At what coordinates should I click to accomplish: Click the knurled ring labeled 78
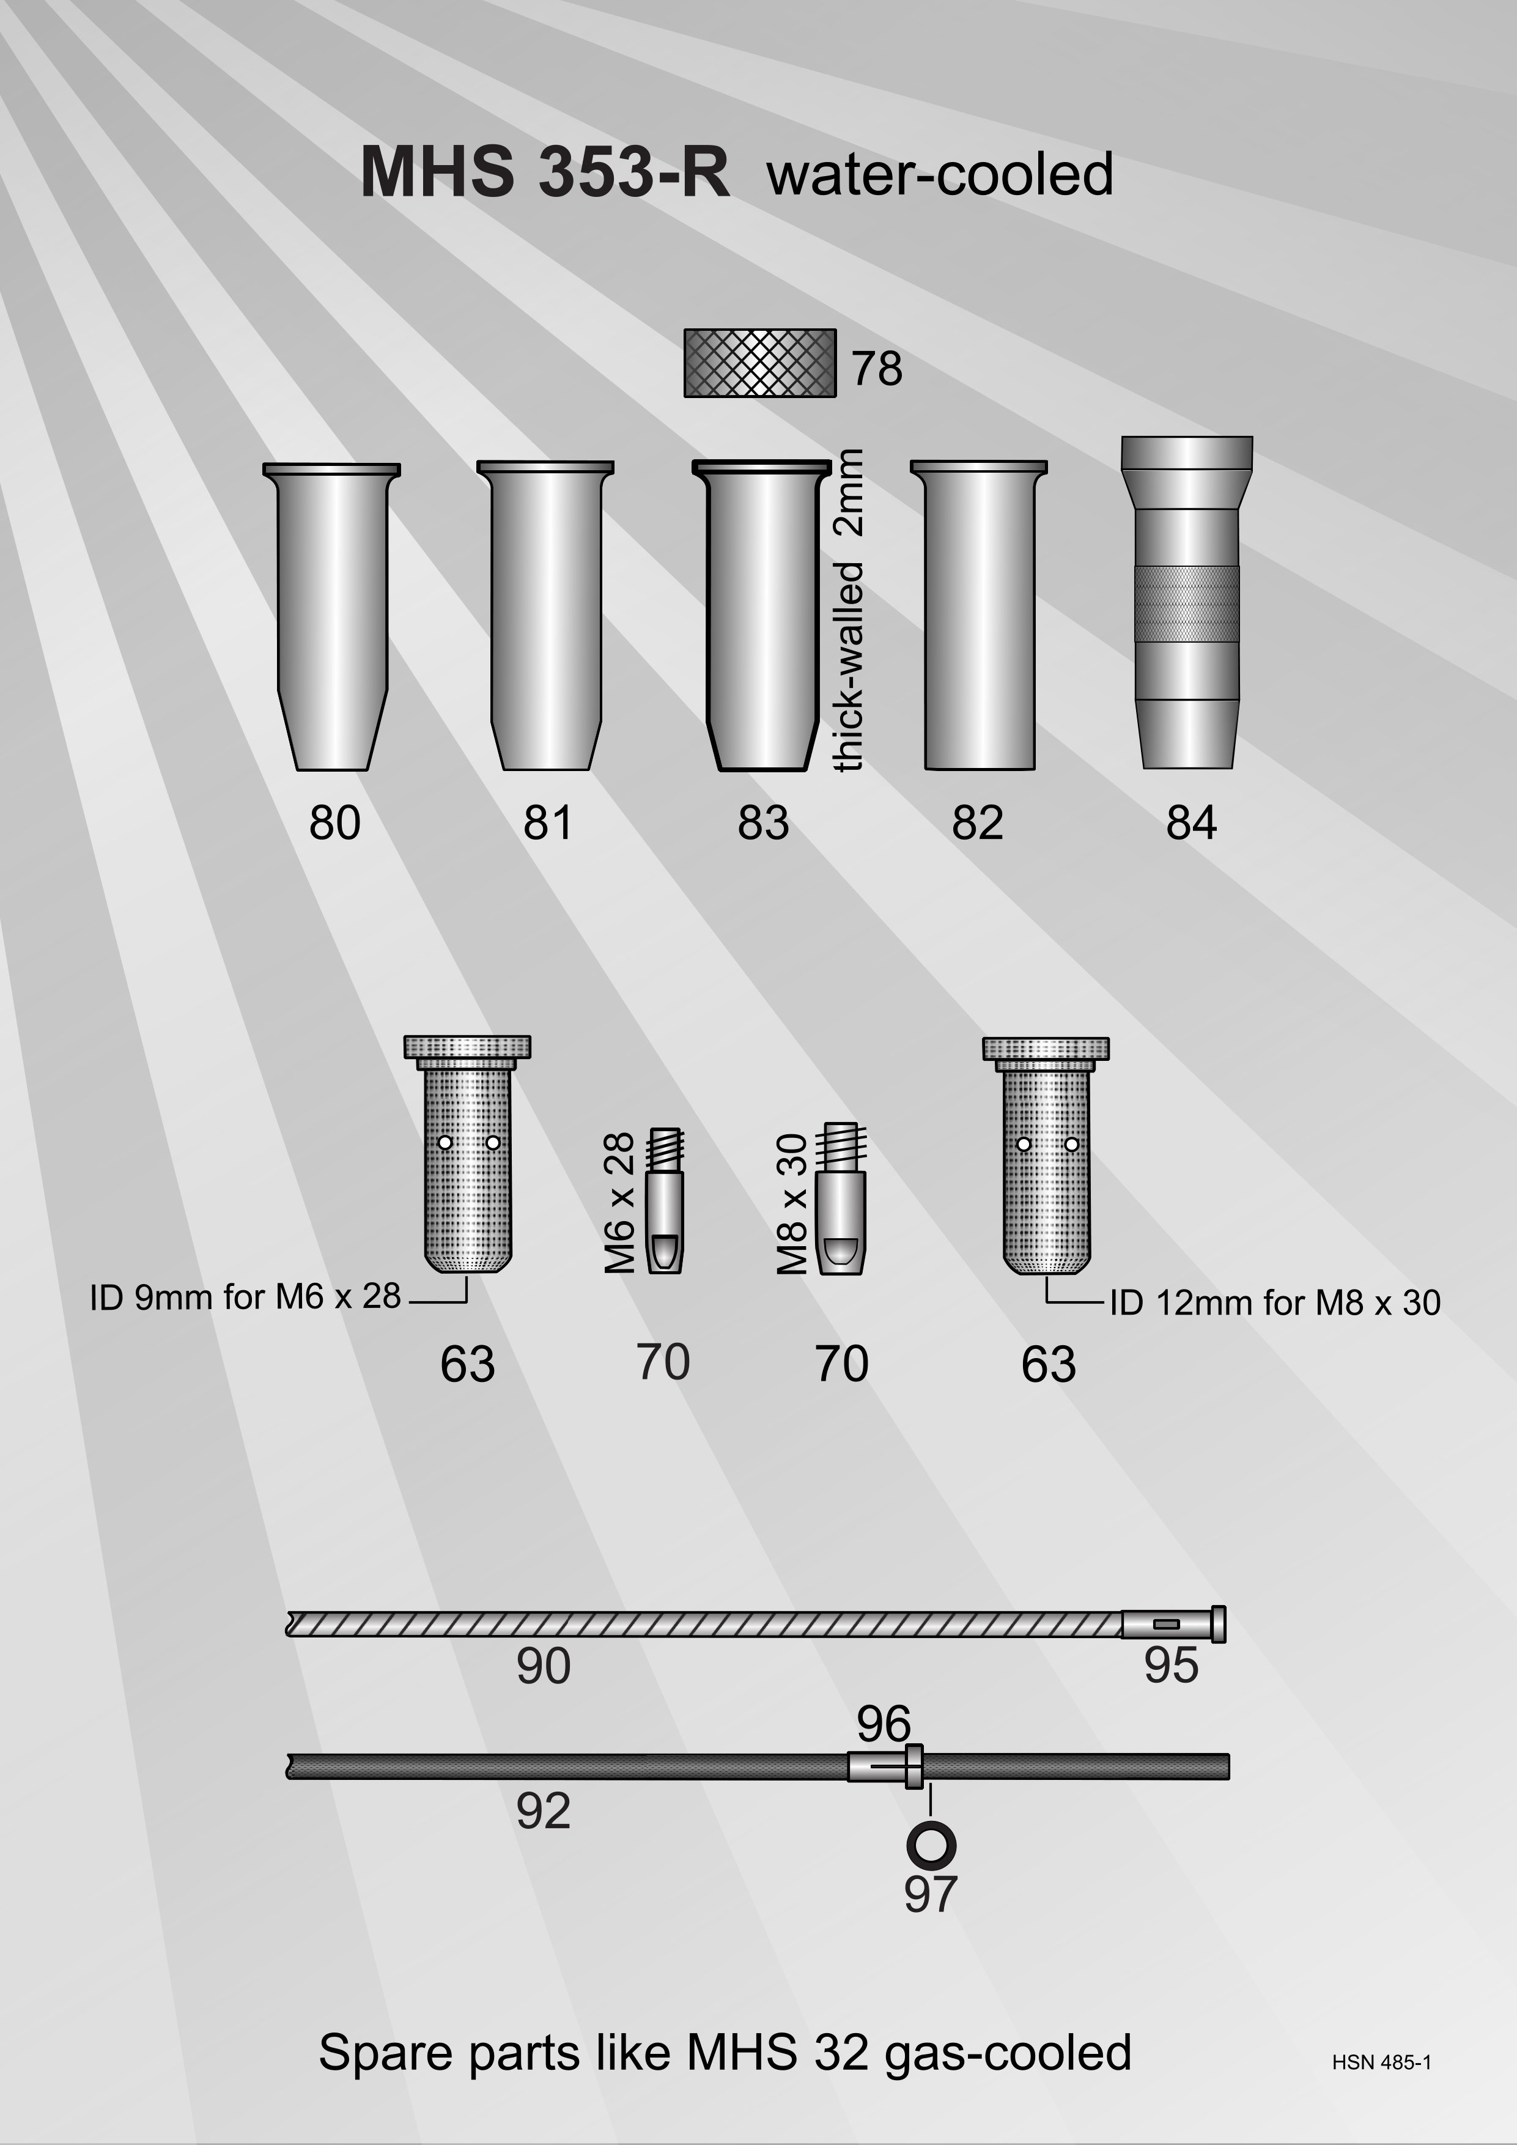click(x=759, y=363)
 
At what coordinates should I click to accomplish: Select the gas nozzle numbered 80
click(x=331, y=616)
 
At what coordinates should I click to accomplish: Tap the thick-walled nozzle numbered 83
click(x=761, y=616)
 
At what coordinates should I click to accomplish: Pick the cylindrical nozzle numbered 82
click(x=979, y=616)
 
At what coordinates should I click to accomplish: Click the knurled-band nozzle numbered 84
click(x=1186, y=602)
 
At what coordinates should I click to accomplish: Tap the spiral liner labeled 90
click(x=704, y=1623)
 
